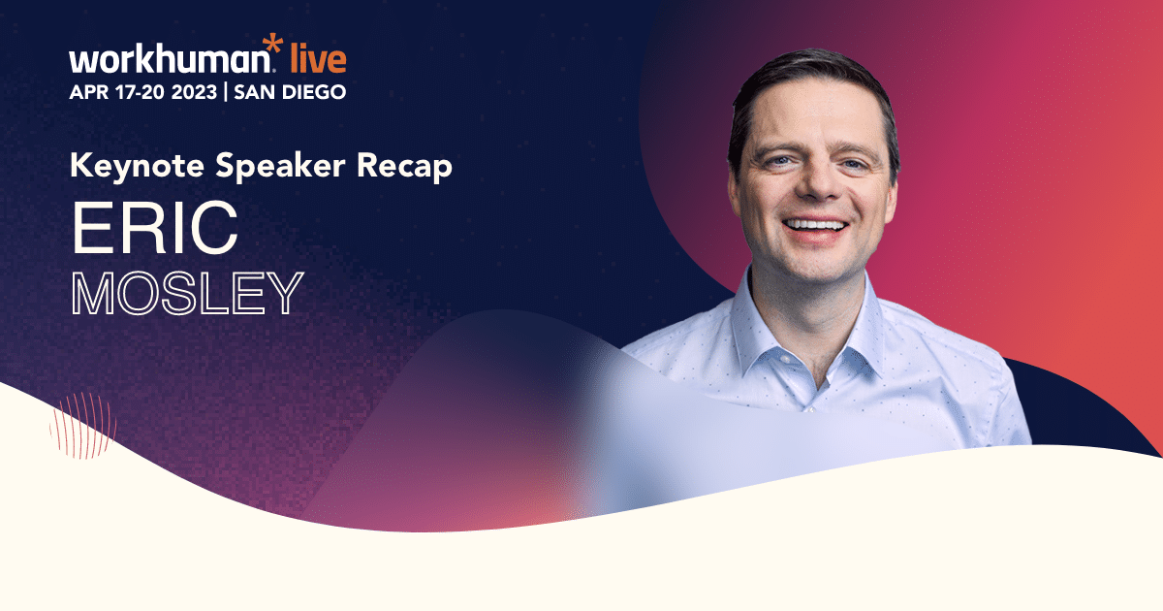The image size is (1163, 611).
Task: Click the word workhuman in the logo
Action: (168, 60)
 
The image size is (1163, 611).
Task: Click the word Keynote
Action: (129, 166)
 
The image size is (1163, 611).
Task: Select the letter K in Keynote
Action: (79, 166)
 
